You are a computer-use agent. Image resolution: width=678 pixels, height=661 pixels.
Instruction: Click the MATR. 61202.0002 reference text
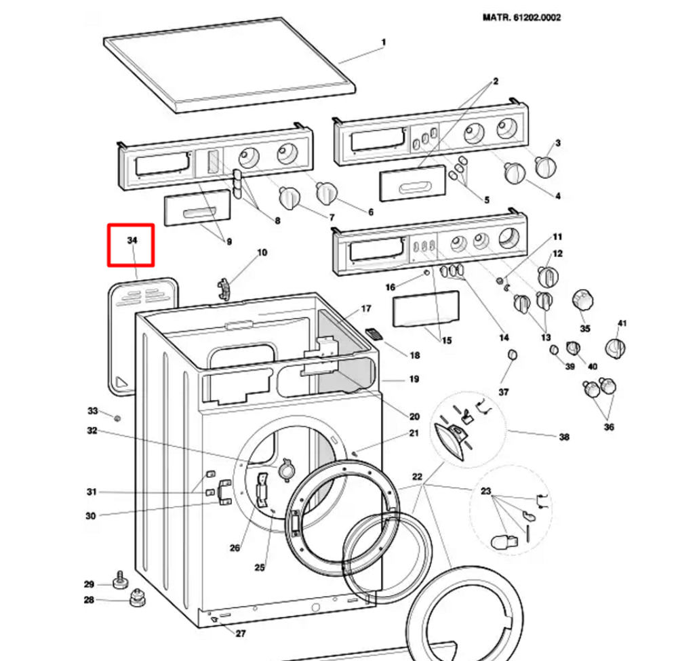[521, 18]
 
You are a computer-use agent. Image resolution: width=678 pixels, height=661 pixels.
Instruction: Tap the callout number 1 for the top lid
[384, 42]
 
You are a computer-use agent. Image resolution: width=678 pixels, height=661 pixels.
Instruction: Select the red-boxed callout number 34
[132, 241]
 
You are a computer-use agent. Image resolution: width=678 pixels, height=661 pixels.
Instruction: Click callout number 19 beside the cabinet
[414, 379]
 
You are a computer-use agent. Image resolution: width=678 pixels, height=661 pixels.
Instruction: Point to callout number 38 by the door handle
[564, 437]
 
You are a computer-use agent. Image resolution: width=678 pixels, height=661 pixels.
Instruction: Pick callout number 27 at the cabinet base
[241, 634]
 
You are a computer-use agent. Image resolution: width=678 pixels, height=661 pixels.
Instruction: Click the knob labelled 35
[582, 300]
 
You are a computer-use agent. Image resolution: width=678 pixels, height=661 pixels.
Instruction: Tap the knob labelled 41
[615, 348]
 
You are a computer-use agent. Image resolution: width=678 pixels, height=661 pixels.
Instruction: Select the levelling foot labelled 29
[121, 580]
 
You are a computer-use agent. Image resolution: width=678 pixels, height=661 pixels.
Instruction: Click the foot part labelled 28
[137, 598]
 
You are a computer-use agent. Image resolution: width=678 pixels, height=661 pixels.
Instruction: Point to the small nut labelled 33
[117, 418]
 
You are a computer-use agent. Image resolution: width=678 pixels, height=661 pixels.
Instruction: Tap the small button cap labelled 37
[512, 355]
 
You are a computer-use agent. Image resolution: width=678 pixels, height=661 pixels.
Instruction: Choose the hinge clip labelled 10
[223, 288]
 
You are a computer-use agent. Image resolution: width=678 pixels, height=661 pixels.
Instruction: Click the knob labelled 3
[545, 167]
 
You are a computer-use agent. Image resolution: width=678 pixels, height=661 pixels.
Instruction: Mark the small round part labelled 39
[555, 349]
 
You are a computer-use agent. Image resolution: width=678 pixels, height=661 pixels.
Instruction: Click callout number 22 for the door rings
[417, 477]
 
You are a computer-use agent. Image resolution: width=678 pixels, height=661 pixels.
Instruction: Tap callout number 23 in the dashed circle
[486, 491]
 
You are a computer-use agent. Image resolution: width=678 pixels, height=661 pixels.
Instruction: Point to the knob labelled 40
[573, 347]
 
